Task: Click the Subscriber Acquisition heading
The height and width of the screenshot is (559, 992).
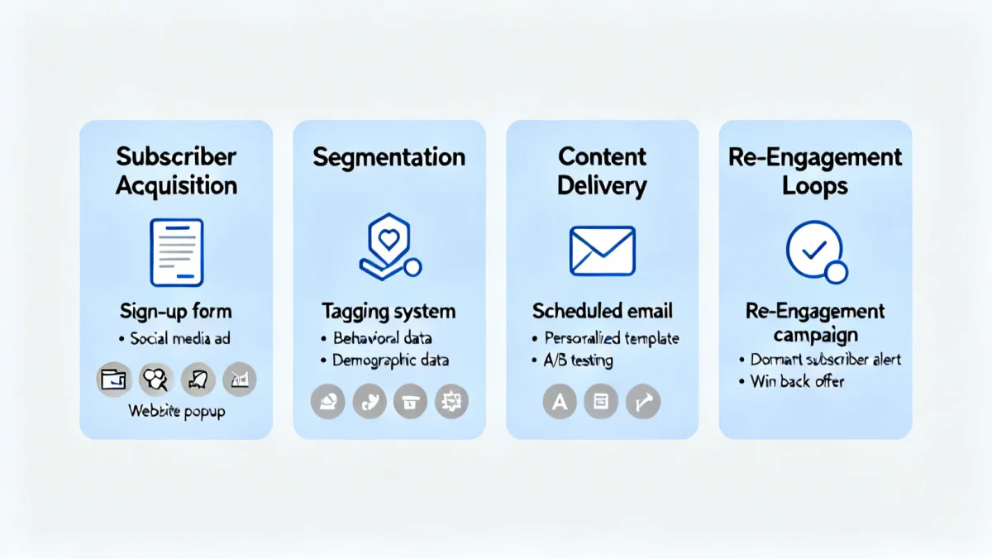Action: coord(176,170)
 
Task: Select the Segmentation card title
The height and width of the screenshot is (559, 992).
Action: coord(389,157)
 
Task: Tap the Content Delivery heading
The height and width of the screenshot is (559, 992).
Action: coord(602,170)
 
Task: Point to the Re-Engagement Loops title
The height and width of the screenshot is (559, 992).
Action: coord(815,170)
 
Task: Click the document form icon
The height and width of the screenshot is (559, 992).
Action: coord(176,252)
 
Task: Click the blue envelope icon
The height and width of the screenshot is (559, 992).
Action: coord(602,251)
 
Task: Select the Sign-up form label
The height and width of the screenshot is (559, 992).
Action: coord(176,312)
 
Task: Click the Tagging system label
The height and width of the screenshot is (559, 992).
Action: coord(389,312)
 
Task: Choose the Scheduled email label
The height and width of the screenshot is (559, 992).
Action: coord(602,311)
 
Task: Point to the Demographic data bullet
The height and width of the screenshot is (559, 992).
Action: coord(390,361)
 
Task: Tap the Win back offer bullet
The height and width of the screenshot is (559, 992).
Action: coord(797,382)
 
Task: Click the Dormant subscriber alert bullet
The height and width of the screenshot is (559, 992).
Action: coord(825,360)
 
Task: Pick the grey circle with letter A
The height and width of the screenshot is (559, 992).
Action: coord(560,402)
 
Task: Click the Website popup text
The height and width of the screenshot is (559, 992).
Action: coord(176,411)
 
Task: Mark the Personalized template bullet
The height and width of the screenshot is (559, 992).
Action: coord(612,338)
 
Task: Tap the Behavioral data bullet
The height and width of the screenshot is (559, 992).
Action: coord(382,338)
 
